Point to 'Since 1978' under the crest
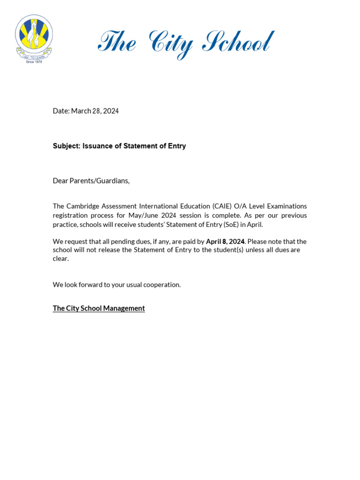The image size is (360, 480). pos(34,62)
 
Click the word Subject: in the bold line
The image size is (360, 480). pos(67,146)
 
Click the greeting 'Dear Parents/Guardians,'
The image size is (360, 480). pos(91,181)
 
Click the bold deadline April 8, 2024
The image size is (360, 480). pos(225,241)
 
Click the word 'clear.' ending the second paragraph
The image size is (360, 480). pos(61,259)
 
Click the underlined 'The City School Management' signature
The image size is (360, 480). pos(99,308)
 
